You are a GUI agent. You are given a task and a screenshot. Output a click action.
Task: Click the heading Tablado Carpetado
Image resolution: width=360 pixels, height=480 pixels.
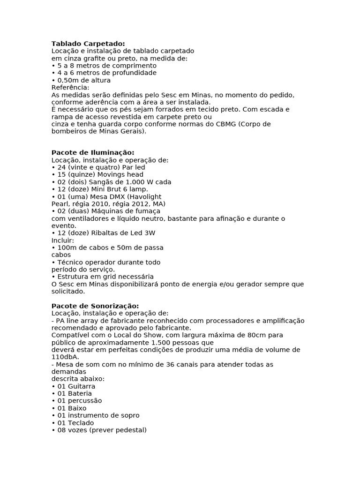point(88,44)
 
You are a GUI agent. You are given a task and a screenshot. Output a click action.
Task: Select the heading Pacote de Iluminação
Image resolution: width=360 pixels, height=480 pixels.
point(92,152)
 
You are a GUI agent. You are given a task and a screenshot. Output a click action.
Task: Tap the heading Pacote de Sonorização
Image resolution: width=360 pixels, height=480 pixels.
point(95,306)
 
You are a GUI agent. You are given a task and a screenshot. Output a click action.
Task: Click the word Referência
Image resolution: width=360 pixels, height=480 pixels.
point(70,88)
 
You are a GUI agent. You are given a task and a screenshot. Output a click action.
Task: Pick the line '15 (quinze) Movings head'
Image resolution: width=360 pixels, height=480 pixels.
point(97,174)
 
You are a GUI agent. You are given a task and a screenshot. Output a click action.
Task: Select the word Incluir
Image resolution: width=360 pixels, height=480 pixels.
point(63,240)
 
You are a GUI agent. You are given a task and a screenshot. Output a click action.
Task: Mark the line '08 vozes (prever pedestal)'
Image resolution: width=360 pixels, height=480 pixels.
point(99,430)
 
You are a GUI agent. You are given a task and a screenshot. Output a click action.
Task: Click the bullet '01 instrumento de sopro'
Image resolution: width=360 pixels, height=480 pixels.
point(95,415)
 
